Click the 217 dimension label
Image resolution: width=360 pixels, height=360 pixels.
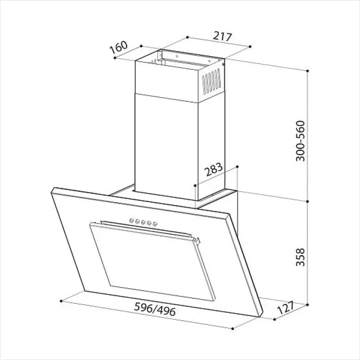(222, 37)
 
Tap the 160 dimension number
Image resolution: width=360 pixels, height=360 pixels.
(118, 48)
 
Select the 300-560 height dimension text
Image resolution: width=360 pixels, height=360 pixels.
(300, 141)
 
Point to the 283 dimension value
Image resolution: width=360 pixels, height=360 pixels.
(214, 170)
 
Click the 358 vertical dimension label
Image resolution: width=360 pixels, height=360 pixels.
(300, 257)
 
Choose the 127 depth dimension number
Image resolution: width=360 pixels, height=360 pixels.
(286, 308)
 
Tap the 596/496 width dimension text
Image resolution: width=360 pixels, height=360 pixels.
(155, 309)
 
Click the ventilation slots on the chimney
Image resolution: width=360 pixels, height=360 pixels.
(211, 81)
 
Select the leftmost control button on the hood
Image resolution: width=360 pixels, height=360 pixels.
(131, 221)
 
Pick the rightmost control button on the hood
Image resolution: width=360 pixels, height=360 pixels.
(155, 224)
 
